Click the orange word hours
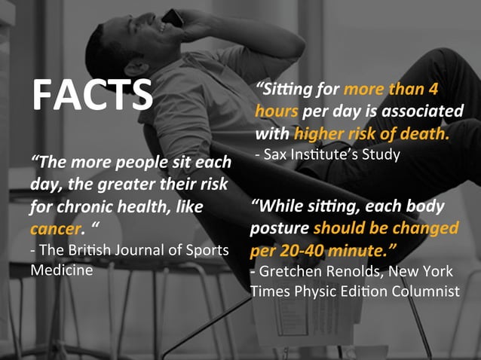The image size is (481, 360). [x=277, y=112]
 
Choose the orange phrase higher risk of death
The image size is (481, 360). [x=372, y=134]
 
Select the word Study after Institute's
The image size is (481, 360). [x=377, y=155]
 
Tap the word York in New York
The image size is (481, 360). [x=438, y=270]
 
